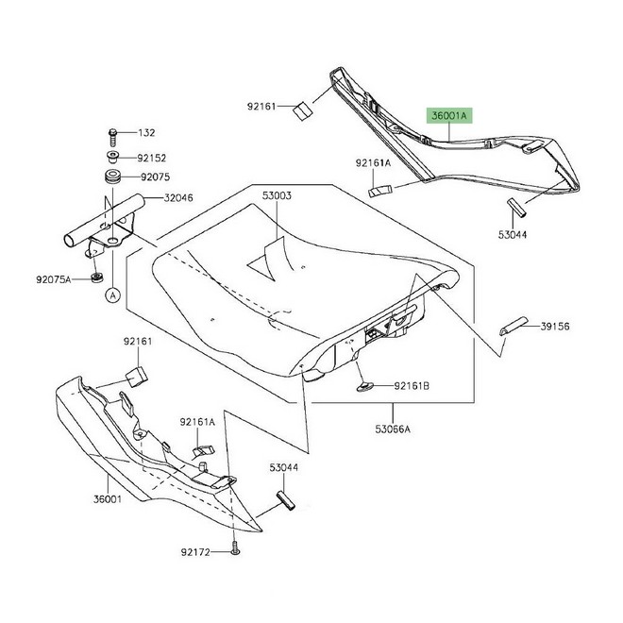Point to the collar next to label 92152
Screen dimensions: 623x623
click(111, 156)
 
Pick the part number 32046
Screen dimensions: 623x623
click(179, 198)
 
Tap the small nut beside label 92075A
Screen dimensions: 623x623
click(98, 278)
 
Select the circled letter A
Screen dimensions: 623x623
click(111, 295)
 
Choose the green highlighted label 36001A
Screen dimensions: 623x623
click(450, 115)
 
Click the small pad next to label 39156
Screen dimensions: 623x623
click(513, 327)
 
